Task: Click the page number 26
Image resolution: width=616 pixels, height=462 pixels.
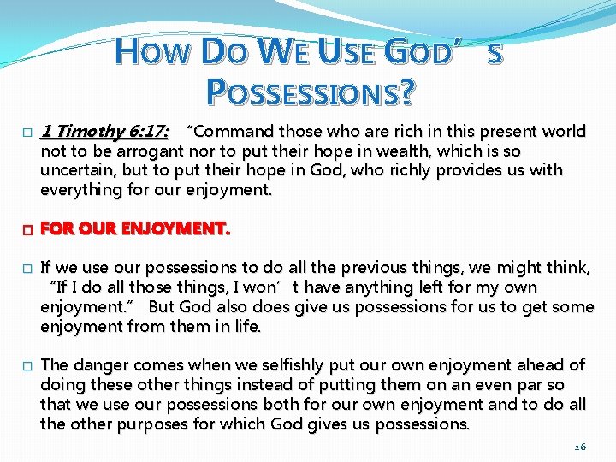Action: [579, 447]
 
